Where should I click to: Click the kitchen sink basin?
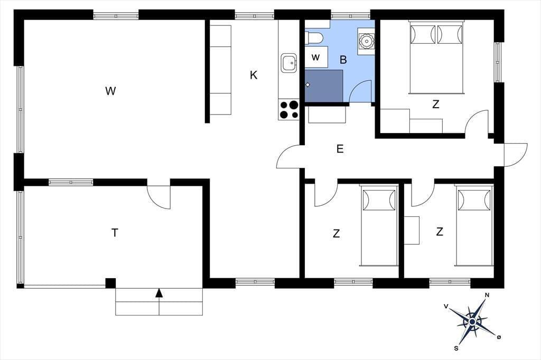[x=289, y=63]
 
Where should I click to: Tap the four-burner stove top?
[x=289, y=110]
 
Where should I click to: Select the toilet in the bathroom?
[x=314, y=37]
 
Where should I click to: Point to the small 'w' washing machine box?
[x=316, y=57]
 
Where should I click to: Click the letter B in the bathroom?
[x=343, y=60]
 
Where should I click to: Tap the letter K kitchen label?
[x=254, y=75]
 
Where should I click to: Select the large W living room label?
[x=110, y=91]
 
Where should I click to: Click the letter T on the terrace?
[x=115, y=233]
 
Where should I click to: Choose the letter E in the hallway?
[x=340, y=149]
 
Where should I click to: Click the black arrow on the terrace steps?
[x=159, y=292]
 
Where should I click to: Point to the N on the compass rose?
[x=487, y=295]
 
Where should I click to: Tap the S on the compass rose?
[x=456, y=348]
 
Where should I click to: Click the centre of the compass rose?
[x=472, y=321]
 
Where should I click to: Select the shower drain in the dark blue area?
[x=308, y=84]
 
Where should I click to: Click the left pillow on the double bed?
[x=423, y=34]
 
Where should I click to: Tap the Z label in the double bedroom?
[x=436, y=104]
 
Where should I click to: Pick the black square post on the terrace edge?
[x=110, y=283]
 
